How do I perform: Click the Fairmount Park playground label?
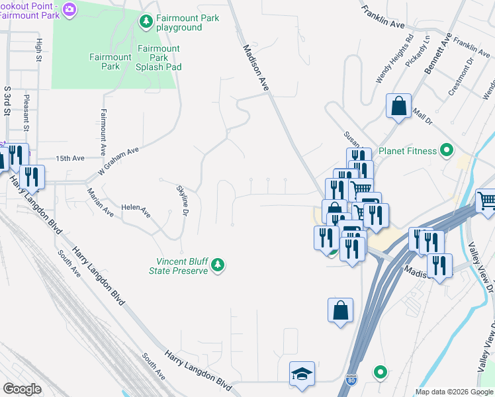[179, 23]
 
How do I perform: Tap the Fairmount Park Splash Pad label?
[158, 58]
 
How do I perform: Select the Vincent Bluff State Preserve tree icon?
[218, 266]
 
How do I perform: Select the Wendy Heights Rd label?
[394, 59]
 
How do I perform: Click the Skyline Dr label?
[183, 200]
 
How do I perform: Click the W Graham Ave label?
[119, 160]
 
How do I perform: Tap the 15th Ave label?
[70, 159]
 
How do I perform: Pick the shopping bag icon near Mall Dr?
[399, 106]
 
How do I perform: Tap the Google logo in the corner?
[22, 389]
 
